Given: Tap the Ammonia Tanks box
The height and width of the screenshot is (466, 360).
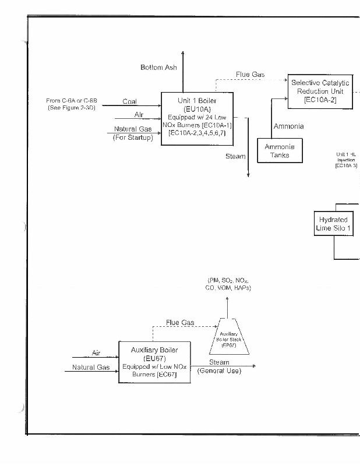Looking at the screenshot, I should (280, 151).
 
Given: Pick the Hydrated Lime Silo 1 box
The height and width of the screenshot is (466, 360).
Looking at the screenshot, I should (333, 224).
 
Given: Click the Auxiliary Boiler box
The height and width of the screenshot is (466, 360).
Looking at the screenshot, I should (154, 362).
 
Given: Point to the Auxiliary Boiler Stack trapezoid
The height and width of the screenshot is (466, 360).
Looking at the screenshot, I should (229, 337).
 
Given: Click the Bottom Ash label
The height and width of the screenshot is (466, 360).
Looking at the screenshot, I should (158, 68).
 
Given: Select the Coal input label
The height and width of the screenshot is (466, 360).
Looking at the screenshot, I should (130, 101).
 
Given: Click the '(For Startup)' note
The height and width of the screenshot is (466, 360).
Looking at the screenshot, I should (133, 138).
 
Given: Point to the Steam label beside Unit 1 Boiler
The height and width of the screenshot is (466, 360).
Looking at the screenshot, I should (235, 157).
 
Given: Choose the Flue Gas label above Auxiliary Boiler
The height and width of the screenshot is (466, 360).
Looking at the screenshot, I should (180, 322).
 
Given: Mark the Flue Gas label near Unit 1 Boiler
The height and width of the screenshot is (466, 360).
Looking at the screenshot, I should (250, 75).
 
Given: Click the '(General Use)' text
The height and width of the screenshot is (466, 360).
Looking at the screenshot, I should (219, 371).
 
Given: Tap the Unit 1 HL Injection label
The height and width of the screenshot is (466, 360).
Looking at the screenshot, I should (346, 160).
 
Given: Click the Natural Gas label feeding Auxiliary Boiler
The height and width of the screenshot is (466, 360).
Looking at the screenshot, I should (91, 368).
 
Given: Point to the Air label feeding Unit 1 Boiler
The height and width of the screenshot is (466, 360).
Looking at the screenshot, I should (139, 115).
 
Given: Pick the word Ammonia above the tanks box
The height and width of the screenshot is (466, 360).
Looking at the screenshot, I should (288, 126).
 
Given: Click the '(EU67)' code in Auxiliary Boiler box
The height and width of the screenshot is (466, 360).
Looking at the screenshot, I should (154, 358).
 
